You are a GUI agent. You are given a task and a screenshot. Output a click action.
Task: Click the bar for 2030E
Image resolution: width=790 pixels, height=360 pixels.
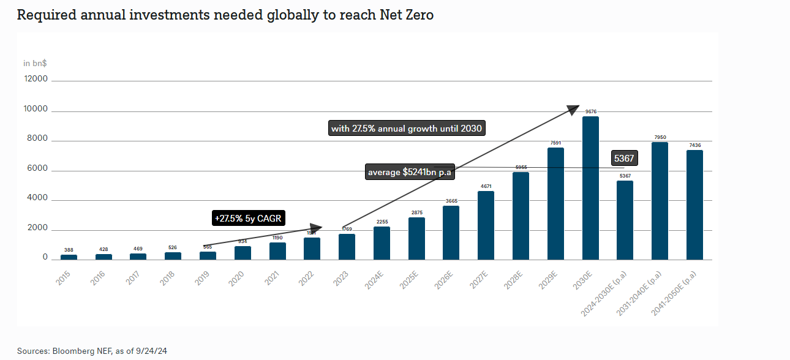pyautogui.click(x=590, y=188)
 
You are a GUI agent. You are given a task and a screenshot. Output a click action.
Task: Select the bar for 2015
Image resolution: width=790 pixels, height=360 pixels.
pyautogui.click(x=69, y=257)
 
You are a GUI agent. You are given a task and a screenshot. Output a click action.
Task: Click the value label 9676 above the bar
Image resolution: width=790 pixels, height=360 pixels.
pyautogui.click(x=590, y=111)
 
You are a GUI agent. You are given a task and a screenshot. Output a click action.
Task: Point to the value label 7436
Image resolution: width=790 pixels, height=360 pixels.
pyautogui.click(x=694, y=145)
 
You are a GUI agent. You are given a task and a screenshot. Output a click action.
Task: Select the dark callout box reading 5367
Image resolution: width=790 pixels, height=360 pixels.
pyautogui.click(x=623, y=159)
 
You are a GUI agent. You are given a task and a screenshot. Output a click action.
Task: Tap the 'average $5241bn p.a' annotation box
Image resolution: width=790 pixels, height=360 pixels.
pyautogui.click(x=409, y=173)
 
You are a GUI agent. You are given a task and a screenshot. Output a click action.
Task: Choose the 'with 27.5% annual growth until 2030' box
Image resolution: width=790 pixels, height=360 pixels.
pyautogui.click(x=407, y=129)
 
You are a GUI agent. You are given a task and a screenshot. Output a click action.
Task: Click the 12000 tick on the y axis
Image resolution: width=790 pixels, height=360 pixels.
pyautogui.click(x=36, y=79)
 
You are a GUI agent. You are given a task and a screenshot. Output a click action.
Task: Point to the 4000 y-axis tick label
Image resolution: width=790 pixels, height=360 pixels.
pyautogui.click(x=37, y=198)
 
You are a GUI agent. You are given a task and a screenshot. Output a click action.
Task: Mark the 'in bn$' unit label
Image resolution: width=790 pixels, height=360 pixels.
pyautogui.click(x=36, y=63)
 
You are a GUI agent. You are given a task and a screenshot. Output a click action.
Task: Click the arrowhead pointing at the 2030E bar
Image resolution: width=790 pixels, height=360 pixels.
pyautogui.click(x=573, y=110)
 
